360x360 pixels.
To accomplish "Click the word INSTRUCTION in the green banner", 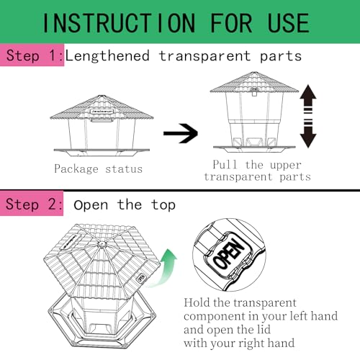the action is [119, 23].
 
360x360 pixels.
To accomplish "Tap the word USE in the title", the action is [288, 23].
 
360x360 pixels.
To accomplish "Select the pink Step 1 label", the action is [32, 55].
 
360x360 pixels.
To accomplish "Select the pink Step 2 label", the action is [32, 204].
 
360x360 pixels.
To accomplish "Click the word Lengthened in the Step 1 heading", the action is [107, 56].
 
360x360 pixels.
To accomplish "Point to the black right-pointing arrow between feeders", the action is [181, 133].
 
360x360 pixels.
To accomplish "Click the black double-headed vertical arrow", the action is [308, 116].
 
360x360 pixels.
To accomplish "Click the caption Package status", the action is [99, 168].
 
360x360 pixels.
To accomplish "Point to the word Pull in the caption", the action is [225, 165].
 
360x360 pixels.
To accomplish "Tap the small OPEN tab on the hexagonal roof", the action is [140, 278].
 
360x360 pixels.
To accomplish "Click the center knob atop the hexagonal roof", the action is [102, 245].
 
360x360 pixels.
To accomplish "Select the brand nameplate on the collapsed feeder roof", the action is [102, 112].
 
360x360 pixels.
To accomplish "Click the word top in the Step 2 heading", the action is [163, 205].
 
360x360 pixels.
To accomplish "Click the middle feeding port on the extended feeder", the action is [254, 142].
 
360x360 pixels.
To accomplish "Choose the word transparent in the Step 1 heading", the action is [204, 56].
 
